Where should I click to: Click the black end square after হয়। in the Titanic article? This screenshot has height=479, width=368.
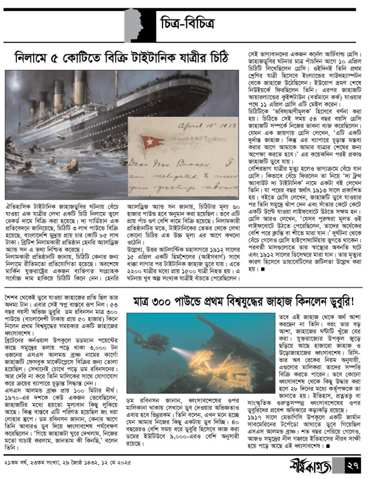pyautogui.click(x=261, y=270)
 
